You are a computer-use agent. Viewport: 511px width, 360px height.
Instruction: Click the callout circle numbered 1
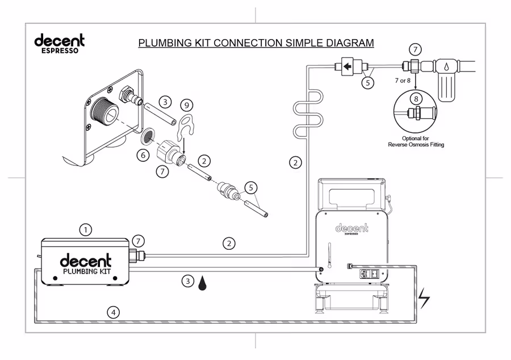coord(86,231)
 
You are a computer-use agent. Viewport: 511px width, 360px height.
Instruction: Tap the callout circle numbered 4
coord(114,313)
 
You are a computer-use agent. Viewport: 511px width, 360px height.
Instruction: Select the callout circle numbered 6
coord(143,155)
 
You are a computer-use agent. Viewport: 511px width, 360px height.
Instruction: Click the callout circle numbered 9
coord(187,105)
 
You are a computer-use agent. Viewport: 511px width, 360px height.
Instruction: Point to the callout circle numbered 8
coord(416,98)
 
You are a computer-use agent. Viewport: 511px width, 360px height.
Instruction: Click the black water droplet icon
coord(202,283)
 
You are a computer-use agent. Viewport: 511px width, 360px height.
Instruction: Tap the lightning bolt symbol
coord(424,298)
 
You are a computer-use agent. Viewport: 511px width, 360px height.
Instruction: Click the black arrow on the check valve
coord(347,66)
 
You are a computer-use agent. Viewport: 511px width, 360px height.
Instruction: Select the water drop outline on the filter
coord(446,68)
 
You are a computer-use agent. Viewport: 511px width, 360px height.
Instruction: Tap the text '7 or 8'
coord(403,81)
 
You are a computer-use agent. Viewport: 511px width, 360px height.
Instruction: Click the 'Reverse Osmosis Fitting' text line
coord(416,144)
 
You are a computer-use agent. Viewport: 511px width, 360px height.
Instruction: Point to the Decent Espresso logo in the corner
coord(59,43)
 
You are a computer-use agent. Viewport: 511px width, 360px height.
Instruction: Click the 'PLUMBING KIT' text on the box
coord(87,271)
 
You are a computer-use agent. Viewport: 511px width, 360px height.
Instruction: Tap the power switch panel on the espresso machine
coord(369,274)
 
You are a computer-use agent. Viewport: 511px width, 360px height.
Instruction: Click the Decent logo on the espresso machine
coord(351,229)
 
